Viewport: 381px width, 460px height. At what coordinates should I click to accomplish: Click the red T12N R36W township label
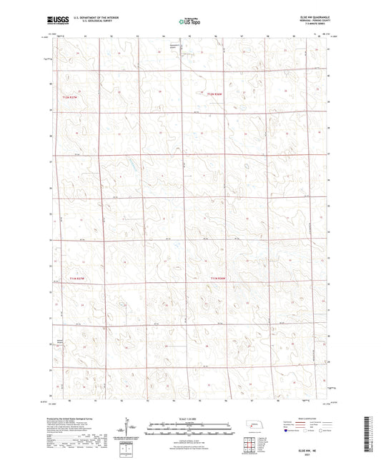point(215,94)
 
